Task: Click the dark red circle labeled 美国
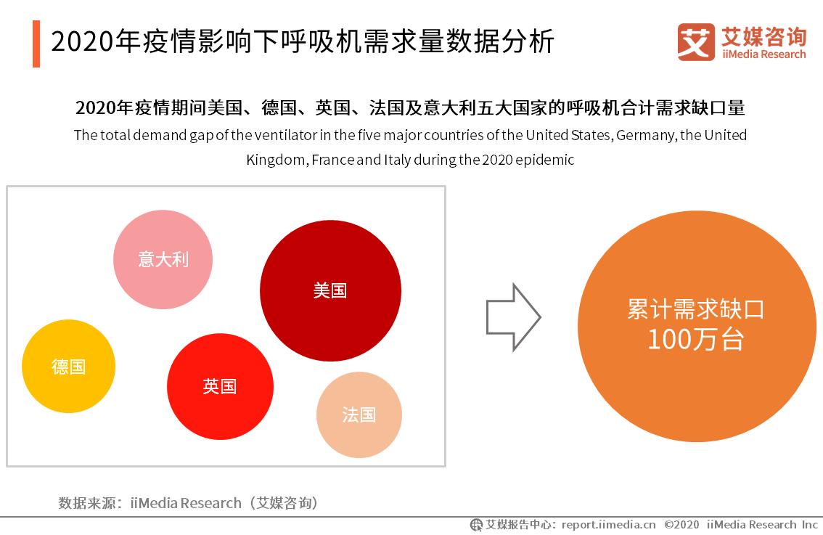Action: [330, 290]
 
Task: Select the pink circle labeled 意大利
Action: [163, 259]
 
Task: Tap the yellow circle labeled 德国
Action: [68, 367]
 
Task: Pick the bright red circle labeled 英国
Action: [220, 386]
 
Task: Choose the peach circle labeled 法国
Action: [359, 414]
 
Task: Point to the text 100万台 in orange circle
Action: [695, 340]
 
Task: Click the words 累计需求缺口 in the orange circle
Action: [695, 309]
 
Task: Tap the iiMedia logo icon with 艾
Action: [696, 42]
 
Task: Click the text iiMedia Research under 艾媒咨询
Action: [763, 54]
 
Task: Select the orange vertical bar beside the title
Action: [36, 44]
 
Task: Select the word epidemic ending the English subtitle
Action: [546, 160]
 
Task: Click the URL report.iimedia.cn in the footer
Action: [609, 524]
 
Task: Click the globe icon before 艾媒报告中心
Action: [476, 524]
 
